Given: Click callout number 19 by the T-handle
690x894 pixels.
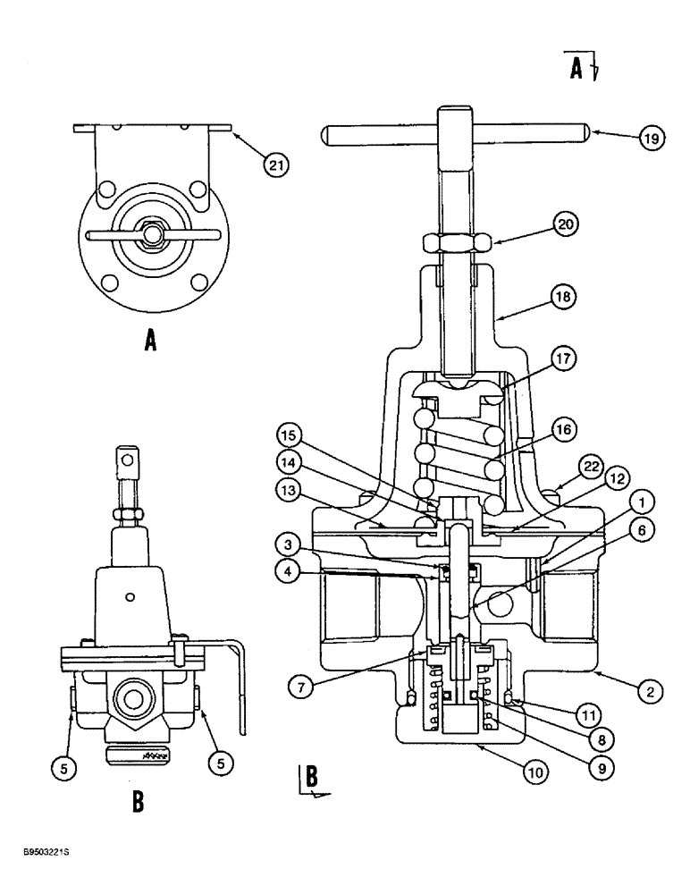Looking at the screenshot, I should tap(652, 139).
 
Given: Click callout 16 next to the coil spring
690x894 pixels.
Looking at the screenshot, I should tap(563, 430).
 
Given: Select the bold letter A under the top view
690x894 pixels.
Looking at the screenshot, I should tap(150, 342).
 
